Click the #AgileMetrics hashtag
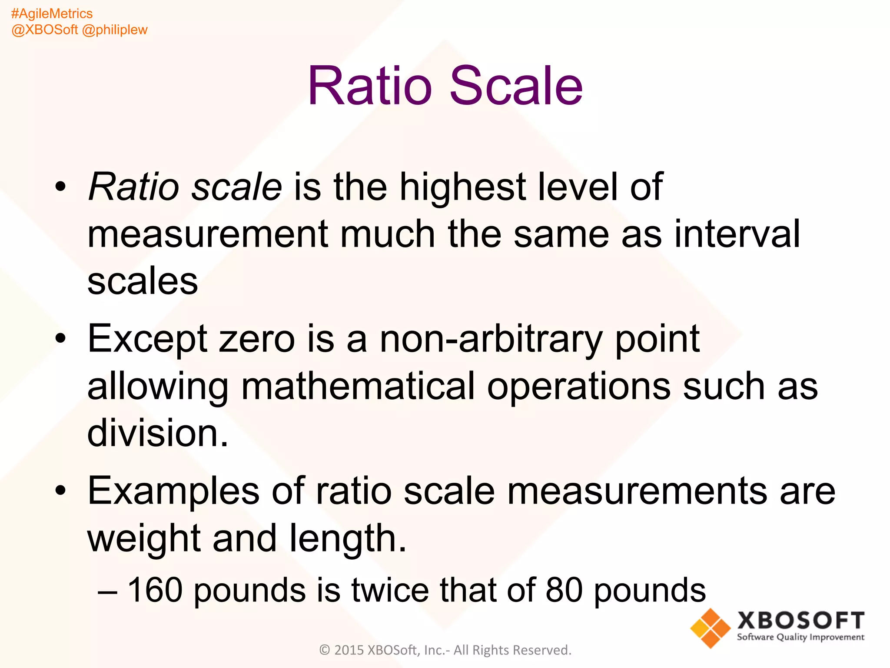point(52,13)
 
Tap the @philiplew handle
point(115,30)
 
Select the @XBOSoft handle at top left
point(44,30)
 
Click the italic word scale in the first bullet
point(237,187)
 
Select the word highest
point(462,187)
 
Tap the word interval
point(737,234)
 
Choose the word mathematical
point(358,386)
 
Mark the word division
point(157,433)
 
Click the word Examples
point(173,491)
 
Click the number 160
point(155,590)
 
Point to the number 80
point(564,590)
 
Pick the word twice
point(390,590)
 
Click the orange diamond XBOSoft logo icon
point(710,628)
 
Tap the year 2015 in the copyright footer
point(349,650)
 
